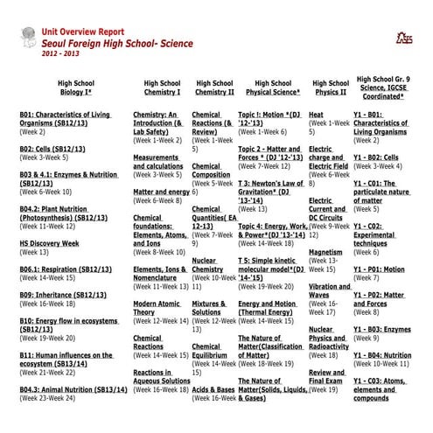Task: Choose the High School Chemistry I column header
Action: click(162, 87)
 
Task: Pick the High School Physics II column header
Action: click(330, 87)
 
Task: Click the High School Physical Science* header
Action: click(270, 87)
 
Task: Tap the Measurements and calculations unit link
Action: click(158, 161)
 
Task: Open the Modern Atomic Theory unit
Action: click(157, 307)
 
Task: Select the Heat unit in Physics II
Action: click(316, 115)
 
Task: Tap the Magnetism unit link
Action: click(325, 252)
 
